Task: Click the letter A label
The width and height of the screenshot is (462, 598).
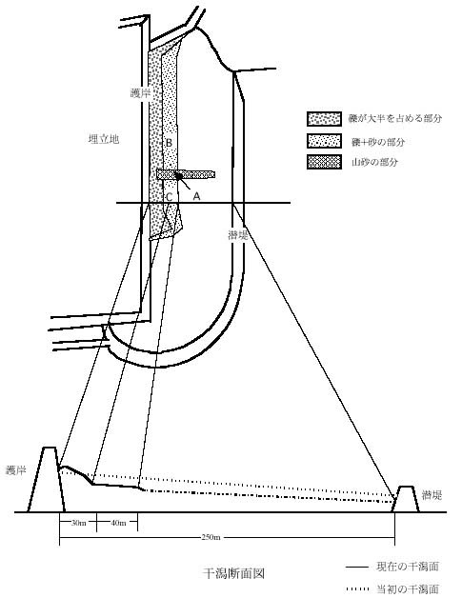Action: (196, 196)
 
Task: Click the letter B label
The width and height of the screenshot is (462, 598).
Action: (169, 143)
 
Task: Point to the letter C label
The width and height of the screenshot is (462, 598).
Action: (169, 197)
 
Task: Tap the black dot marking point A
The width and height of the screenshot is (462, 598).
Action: (178, 176)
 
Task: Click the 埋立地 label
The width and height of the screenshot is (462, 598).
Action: (104, 139)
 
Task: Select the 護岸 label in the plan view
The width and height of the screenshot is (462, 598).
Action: (140, 93)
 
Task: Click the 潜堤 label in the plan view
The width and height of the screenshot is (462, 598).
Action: (238, 235)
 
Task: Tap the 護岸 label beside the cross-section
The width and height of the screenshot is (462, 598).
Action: (16, 470)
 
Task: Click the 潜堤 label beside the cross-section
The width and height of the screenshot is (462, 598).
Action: (432, 494)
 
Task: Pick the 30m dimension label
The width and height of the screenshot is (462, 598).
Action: (79, 523)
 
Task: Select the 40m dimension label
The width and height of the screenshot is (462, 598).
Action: (118, 523)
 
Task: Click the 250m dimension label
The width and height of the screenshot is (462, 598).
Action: (211, 537)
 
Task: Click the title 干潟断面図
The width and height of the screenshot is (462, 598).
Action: (233, 573)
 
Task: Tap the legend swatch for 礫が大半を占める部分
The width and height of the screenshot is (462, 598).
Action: (324, 119)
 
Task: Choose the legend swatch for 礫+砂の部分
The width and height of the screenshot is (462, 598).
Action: (324, 141)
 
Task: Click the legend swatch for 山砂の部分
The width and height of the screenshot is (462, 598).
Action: (324, 162)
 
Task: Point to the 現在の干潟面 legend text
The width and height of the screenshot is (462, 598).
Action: (408, 567)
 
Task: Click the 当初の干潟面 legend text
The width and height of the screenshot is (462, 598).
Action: (408, 589)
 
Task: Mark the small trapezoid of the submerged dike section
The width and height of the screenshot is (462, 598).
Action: (406, 499)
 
